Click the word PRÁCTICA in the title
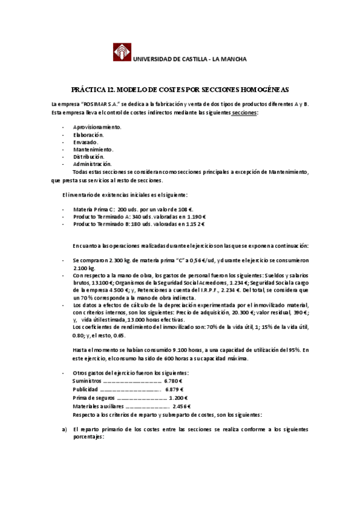point(88,89)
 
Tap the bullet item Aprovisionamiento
point(97,127)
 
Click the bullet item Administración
point(92,164)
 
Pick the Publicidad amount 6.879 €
point(174,389)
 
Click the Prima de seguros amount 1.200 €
point(178,398)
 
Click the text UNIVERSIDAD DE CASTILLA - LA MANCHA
point(189,59)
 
